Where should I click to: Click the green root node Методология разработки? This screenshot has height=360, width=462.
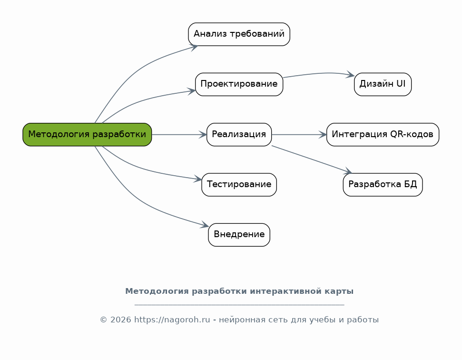tap(87, 134)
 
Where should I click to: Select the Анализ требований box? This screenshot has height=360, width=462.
tap(239, 34)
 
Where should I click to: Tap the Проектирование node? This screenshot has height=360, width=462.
tap(239, 84)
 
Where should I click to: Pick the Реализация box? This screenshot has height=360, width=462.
tap(239, 134)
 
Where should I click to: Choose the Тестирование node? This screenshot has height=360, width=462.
tap(239, 185)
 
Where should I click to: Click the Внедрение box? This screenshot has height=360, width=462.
tap(239, 235)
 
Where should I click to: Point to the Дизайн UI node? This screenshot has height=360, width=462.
tap(383, 84)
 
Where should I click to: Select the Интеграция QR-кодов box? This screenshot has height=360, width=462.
tap(383, 134)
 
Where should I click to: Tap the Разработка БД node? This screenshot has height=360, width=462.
tap(383, 185)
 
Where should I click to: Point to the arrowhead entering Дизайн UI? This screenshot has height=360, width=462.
tap(351, 75)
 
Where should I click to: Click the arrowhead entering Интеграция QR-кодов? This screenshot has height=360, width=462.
tap(323, 135)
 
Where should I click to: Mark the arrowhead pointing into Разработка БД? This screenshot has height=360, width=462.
tap(348, 171)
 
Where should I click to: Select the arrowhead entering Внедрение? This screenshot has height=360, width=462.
tap(205, 225)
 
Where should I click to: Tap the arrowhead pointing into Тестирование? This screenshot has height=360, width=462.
tap(198, 180)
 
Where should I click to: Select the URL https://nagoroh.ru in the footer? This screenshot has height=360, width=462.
tap(172, 320)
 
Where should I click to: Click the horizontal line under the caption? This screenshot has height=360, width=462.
tap(239, 304)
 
